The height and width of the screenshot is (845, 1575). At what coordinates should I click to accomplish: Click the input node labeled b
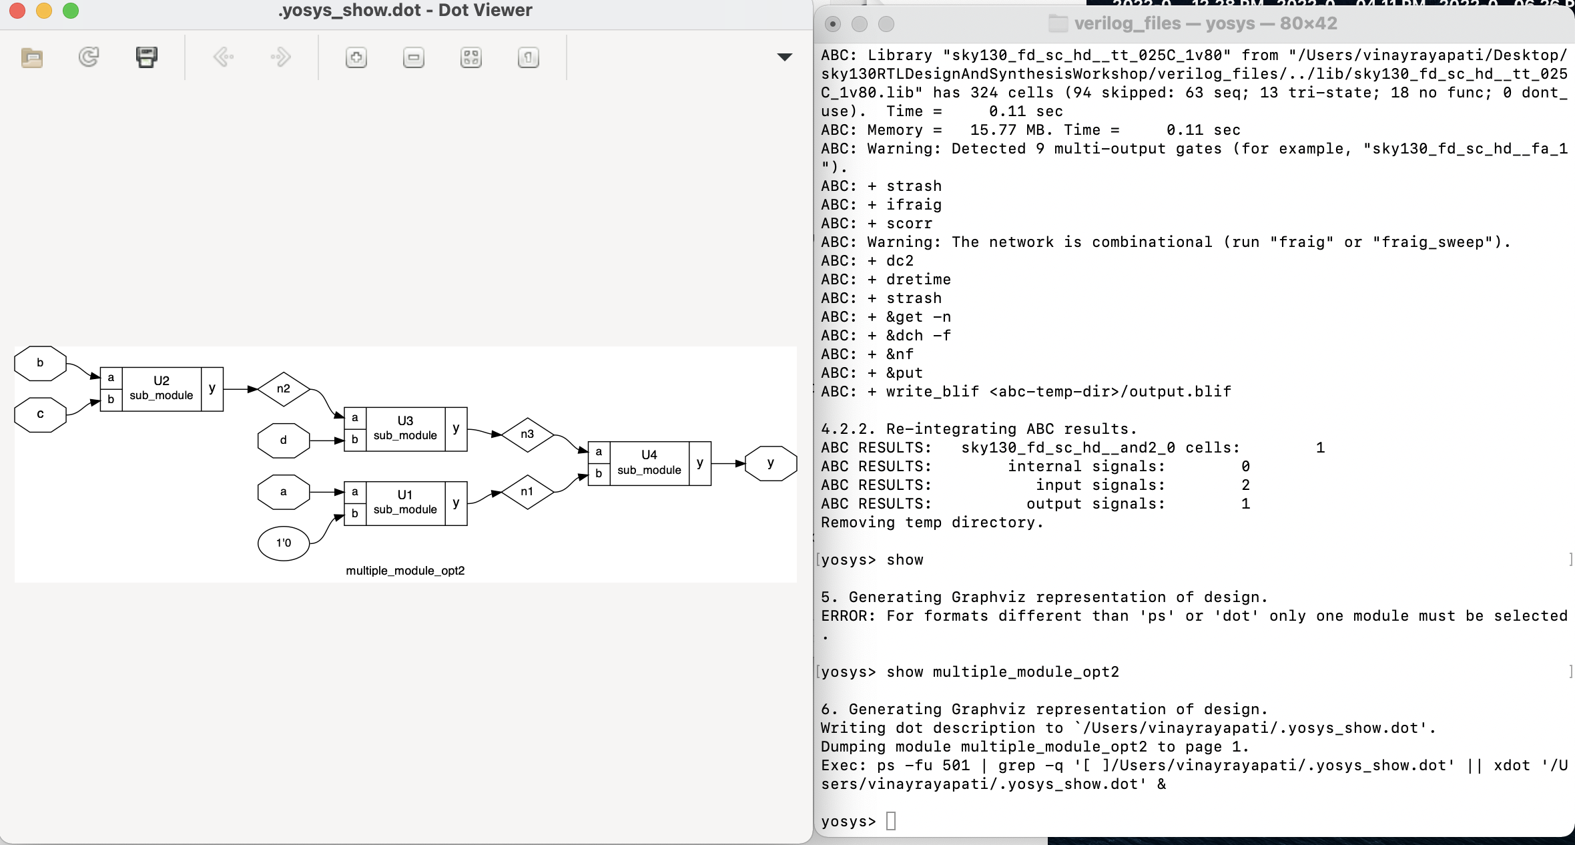pos(40,363)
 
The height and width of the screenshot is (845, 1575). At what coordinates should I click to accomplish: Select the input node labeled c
pos(40,414)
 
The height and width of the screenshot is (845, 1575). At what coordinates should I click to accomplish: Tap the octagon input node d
pos(284,441)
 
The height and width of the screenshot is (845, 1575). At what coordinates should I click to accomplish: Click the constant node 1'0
pos(284,543)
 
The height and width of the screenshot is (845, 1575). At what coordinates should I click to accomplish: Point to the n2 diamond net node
pos(284,389)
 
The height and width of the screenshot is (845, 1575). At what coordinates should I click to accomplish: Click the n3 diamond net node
pos(527,435)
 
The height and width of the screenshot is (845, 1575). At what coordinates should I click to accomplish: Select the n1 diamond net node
pos(527,492)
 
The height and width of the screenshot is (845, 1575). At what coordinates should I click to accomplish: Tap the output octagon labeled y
pos(771,463)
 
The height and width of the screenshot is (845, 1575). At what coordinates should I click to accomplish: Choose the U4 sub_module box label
pos(649,463)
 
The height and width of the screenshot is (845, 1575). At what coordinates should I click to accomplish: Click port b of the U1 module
pos(355,514)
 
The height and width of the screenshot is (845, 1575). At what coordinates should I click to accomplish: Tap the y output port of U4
pos(700,463)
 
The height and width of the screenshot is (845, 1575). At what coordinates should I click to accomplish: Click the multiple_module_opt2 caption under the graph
pos(405,571)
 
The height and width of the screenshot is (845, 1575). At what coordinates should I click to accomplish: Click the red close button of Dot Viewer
pos(17,11)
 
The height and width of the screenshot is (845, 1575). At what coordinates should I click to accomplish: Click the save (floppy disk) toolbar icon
pos(147,57)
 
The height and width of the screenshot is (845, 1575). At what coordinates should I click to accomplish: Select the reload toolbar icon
pos(89,57)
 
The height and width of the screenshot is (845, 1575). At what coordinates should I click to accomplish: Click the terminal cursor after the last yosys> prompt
pos(891,822)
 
